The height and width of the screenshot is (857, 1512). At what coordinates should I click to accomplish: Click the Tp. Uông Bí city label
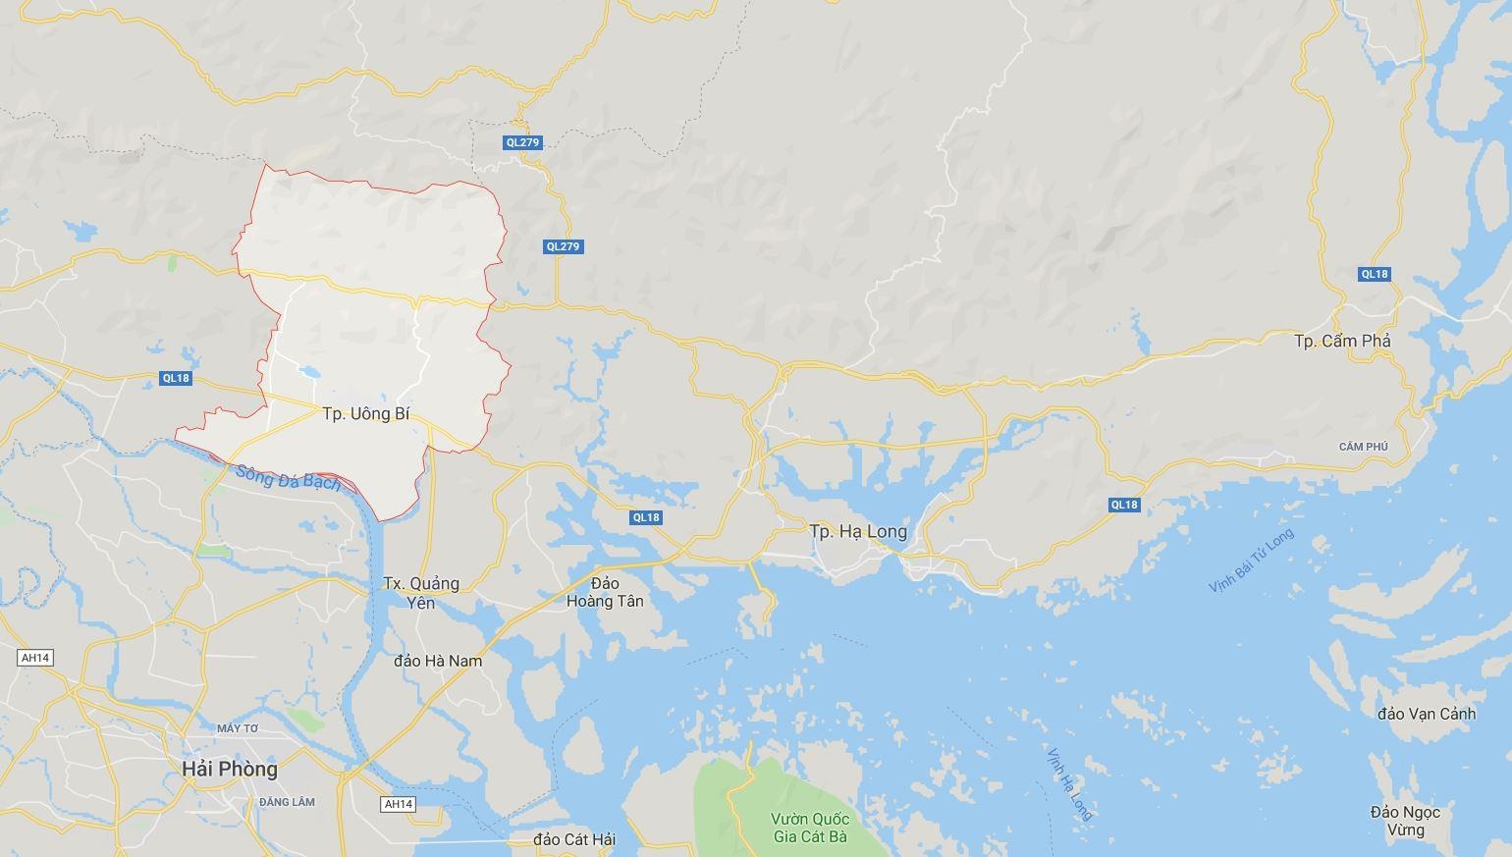click(x=365, y=414)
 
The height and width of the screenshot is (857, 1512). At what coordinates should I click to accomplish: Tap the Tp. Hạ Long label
click(x=858, y=531)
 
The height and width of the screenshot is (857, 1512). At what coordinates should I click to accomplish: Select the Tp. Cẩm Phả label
click(x=1342, y=341)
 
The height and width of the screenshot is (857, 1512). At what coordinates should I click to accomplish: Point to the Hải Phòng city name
click(x=230, y=769)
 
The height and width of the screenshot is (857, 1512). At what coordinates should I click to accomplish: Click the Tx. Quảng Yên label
click(x=421, y=593)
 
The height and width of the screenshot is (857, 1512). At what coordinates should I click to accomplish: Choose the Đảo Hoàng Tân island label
click(x=605, y=592)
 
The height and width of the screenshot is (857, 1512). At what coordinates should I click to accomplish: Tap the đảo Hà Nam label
click(x=438, y=661)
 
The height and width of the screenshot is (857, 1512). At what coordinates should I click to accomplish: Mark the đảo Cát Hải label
click(x=574, y=839)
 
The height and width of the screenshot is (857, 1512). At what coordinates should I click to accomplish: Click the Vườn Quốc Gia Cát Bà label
click(x=810, y=828)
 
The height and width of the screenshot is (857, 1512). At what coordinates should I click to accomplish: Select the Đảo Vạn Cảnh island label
click(x=1426, y=714)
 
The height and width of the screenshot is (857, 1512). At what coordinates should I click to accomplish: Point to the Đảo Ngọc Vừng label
click(x=1405, y=821)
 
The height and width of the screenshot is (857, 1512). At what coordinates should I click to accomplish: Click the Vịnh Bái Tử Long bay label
click(x=1251, y=561)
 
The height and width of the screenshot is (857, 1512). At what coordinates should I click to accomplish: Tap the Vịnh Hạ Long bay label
click(x=1069, y=783)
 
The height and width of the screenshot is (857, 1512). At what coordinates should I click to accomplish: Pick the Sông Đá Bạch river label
click(x=289, y=477)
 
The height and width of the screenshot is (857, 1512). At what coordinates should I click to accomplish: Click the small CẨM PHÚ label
click(x=1364, y=447)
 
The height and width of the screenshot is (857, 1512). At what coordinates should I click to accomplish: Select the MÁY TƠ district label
click(x=238, y=728)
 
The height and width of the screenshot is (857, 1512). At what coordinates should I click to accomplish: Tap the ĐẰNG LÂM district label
click(x=288, y=802)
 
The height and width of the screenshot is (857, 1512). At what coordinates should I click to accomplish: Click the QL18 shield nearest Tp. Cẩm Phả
click(x=1375, y=274)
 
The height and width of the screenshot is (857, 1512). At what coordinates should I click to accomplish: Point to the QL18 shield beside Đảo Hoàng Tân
click(x=646, y=517)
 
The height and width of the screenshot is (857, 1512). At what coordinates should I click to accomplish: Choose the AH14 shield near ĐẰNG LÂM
click(x=398, y=804)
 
